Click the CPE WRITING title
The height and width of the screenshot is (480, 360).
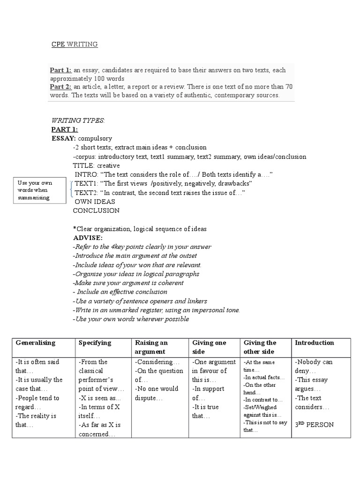pos(74,45)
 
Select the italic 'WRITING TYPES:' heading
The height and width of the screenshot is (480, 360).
pos(78,121)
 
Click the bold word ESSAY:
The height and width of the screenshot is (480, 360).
pos(64,139)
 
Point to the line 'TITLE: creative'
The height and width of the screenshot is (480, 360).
pos(96,165)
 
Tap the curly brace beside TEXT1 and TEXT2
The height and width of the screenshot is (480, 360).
pos(71,188)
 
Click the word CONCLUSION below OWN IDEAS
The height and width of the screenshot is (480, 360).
pos(96,210)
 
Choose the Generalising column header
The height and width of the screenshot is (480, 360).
pos(36,343)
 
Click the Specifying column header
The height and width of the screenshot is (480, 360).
pos(95,343)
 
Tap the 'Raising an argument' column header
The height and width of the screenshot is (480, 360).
pos(151,347)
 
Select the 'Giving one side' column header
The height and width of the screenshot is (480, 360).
pos(209,347)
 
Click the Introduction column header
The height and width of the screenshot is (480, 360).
pos(315,343)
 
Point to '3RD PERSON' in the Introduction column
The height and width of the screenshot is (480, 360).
pos(314,425)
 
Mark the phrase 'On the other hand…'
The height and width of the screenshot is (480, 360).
pos(255,388)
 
